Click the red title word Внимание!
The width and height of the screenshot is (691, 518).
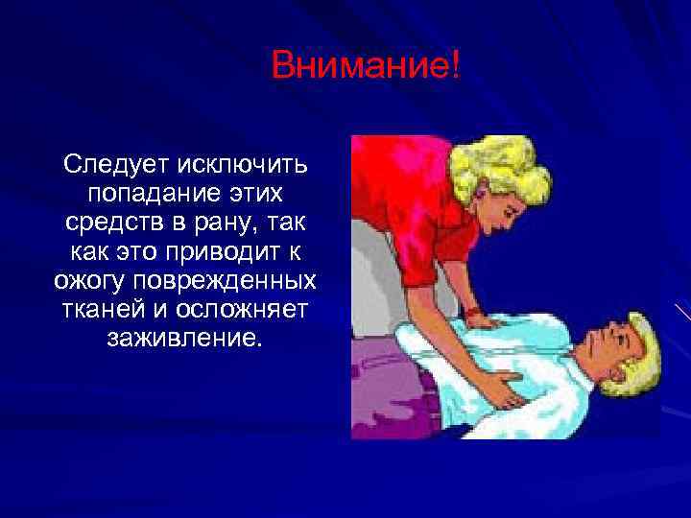366,67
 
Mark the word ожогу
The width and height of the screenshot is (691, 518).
95,282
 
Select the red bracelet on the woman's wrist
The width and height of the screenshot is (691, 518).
474,313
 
